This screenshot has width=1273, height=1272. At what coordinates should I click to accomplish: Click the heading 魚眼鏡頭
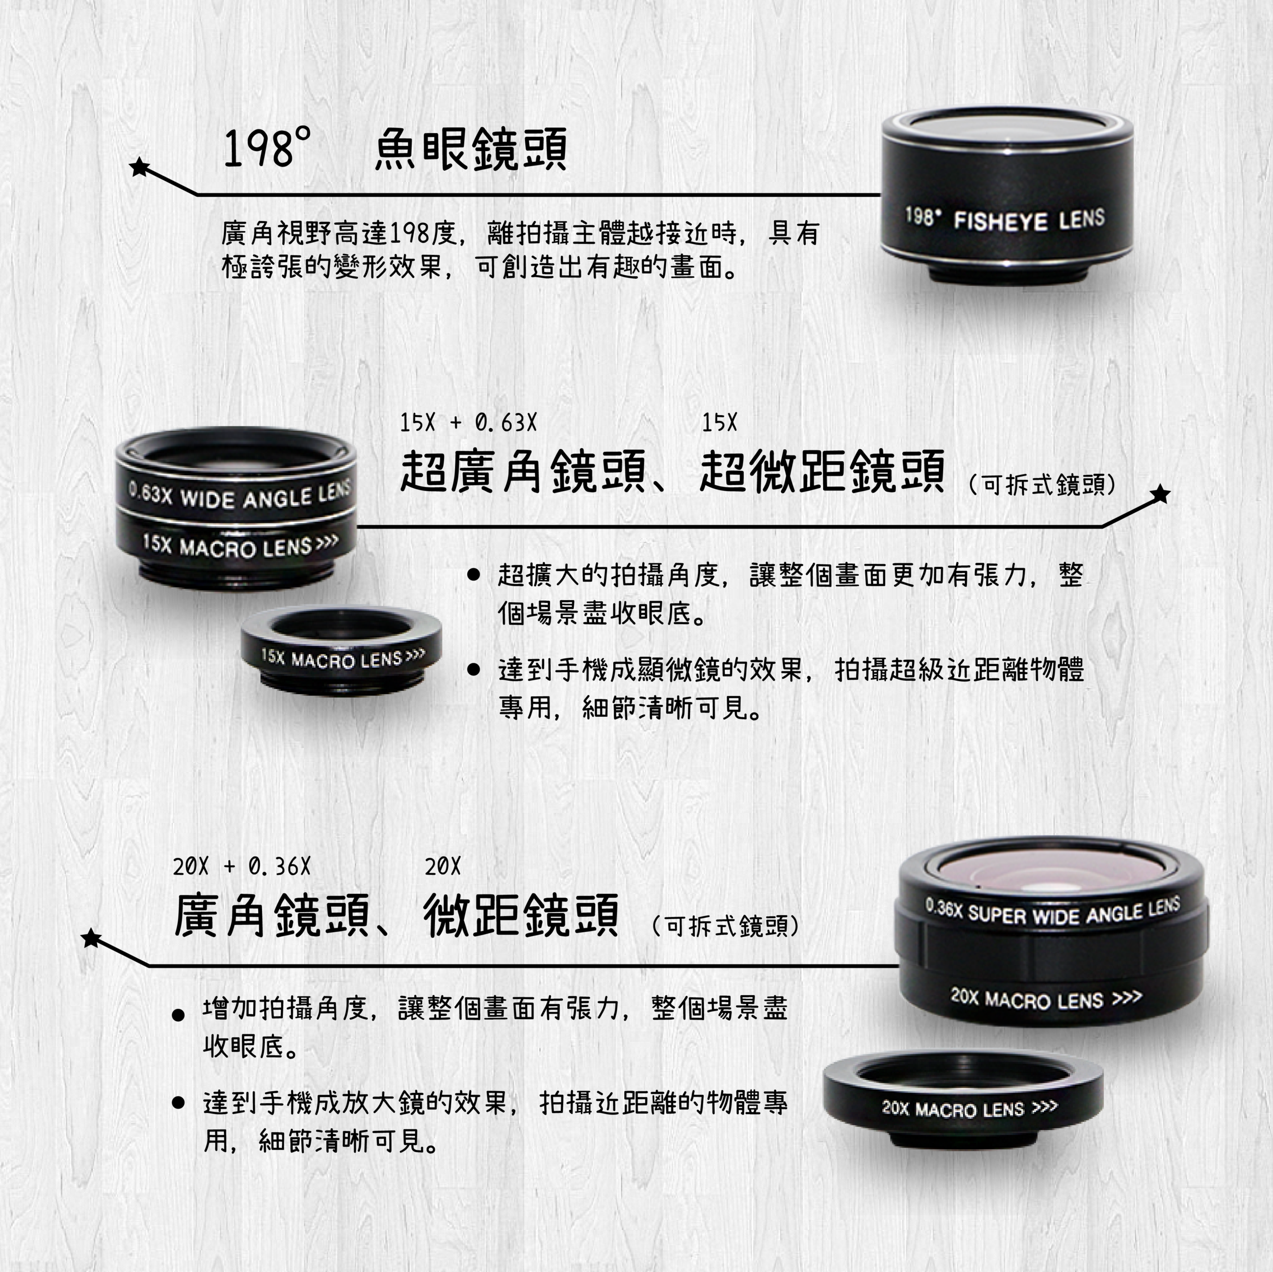[x=470, y=149]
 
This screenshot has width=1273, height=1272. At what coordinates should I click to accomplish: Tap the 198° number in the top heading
[x=267, y=148]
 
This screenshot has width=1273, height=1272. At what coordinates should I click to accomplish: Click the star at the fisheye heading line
[x=139, y=168]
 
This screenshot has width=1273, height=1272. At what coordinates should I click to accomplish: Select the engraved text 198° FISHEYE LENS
[x=1005, y=218]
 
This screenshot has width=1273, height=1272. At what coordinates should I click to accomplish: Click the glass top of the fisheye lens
[x=1007, y=128]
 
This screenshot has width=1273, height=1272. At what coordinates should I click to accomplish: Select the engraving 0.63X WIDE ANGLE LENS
[x=240, y=495]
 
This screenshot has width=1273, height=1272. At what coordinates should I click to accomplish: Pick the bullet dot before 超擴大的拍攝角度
[x=473, y=575]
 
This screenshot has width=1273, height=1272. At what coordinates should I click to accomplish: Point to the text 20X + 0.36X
[x=242, y=867]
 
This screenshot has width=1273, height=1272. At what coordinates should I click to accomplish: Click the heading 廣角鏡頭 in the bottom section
[x=272, y=915]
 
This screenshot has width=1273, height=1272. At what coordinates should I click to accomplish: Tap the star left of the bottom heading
[x=92, y=938]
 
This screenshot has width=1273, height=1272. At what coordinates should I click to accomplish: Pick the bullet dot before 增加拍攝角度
[x=177, y=1015]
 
